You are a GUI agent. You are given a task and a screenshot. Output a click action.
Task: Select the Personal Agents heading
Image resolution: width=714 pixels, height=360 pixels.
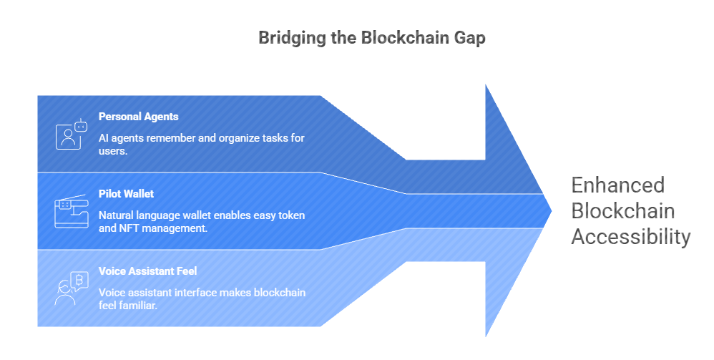tap(138, 117)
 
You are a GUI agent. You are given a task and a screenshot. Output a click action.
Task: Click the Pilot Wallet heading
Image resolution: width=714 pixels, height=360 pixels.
tap(126, 194)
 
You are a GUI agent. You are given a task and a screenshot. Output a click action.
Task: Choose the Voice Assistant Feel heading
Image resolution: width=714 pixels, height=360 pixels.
tap(147, 271)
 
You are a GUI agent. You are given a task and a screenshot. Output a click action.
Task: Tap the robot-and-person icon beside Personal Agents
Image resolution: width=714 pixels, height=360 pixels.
tap(70, 134)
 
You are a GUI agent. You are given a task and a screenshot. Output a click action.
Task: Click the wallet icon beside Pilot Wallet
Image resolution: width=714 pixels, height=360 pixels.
tap(70, 211)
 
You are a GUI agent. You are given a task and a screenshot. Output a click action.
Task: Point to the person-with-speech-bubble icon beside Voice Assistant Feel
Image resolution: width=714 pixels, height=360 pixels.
tap(70, 288)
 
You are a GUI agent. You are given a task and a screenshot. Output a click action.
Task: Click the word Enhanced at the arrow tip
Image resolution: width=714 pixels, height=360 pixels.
tap(617, 185)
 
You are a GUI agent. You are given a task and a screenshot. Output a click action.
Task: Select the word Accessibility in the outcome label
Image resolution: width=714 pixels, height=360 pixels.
tap(630, 237)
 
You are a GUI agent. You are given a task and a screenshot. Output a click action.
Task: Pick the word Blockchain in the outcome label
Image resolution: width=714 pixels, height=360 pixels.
tap(622, 211)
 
